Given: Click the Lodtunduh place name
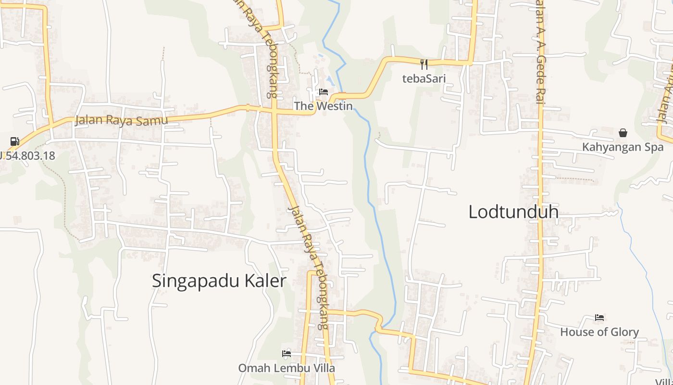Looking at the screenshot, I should pyautogui.click(x=513, y=212).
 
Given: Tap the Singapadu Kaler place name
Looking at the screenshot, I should pyautogui.click(x=219, y=281).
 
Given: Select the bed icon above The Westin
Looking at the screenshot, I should pyautogui.click(x=324, y=92).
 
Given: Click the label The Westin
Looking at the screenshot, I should pyautogui.click(x=324, y=106).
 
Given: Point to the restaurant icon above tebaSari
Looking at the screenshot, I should pyautogui.click(x=424, y=64).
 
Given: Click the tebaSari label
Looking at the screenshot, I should pyautogui.click(x=424, y=78).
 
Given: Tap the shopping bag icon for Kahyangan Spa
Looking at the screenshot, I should pyautogui.click(x=623, y=133).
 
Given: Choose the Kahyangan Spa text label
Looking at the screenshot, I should pyautogui.click(x=623, y=147).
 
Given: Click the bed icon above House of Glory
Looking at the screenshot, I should pyautogui.click(x=599, y=318).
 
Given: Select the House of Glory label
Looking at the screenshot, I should pyautogui.click(x=599, y=332).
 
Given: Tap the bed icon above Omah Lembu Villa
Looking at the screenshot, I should pyautogui.click(x=287, y=354).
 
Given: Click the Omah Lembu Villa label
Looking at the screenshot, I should pyautogui.click(x=287, y=368).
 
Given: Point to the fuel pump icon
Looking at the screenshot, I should pyautogui.click(x=14, y=141).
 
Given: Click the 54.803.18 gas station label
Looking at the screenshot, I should pyautogui.click(x=27, y=155).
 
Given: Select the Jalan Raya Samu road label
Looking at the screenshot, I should pyautogui.click(x=122, y=120).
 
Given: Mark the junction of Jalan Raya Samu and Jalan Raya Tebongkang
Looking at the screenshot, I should pyautogui.click(x=274, y=111).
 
